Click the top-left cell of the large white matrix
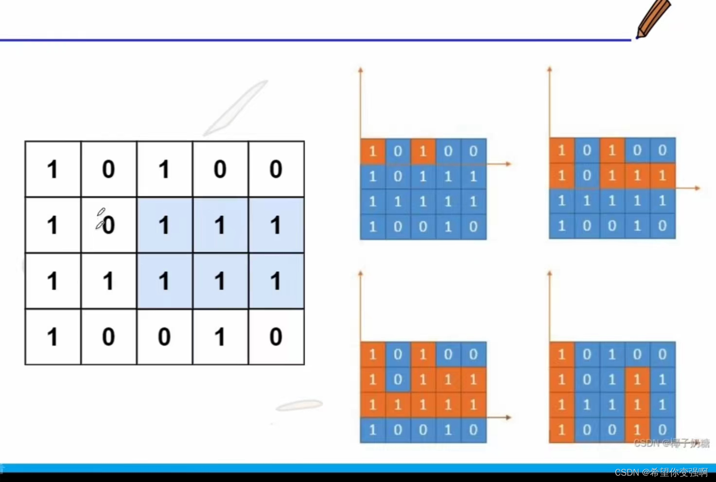tap(53, 169)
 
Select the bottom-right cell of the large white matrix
tap(276, 336)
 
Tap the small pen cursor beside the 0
tap(100, 219)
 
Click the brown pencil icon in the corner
tap(652, 18)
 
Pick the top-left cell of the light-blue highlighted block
tap(164, 225)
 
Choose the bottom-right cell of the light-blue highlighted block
tap(276, 281)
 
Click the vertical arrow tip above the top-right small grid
tap(549, 69)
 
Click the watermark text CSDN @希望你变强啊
tap(661, 472)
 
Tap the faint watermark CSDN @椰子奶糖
tap(671, 443)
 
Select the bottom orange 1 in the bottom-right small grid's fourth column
tap(637, 430)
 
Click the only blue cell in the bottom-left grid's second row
tap(398, 379)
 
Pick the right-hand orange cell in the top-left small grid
tap(423, 151)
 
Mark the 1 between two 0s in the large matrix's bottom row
tap(220, 336)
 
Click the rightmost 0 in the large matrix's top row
tap(276, 169)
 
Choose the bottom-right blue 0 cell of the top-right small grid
tap(663, 226)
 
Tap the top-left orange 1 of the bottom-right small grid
tap(562, 354)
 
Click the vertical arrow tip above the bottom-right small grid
tap(549, 274)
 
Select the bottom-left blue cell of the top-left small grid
tap(373, 227)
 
